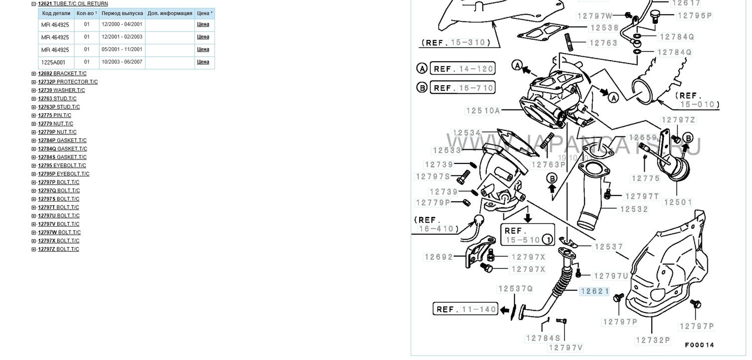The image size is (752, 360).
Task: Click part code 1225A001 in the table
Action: click(x=53, y=63)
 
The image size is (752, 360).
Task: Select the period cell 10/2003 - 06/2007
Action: click(x=122, y=62)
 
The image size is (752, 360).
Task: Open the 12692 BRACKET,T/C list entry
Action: click(x=62, y=74)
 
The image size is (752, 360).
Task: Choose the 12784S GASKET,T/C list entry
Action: click(x=62, y=157)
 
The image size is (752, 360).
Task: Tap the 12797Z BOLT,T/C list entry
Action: click(x=59, y=249)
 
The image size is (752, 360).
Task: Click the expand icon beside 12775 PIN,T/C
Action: click(x=34, y=115)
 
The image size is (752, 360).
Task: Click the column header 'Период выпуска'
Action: click(x=122, y=14)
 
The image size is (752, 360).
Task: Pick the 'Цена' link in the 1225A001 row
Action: click(x=203, y=62)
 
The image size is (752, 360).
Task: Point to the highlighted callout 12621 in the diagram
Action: click(x=595, y=291)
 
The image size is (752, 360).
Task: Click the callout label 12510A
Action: click(x=483, y=110)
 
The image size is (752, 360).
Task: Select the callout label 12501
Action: click(x=678, y=202)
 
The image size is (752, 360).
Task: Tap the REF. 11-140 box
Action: click(x=465, y=309)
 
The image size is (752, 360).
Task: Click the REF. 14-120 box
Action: click(x=463, y=69)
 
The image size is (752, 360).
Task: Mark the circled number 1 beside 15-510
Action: click(x=548, y=240)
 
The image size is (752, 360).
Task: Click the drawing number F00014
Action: click(x=700, y=345)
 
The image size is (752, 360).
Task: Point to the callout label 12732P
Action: click(x=653, y=340)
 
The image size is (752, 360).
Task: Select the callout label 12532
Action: click(x=634, y=209)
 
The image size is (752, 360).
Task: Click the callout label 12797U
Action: click(x=611, y=276)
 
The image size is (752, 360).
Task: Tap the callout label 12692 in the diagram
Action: click(x=439, y=257)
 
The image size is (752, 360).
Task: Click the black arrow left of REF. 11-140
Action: click(x=504, y=310)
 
